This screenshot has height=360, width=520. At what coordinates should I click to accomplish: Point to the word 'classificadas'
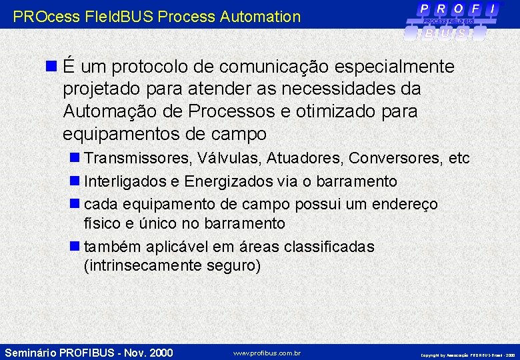point(329,247)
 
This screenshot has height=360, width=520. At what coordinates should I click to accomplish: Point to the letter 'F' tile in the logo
point(475,9)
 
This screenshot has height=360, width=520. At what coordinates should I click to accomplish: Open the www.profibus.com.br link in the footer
point(267,353)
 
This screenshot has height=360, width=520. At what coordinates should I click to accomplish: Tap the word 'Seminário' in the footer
point(30,353)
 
